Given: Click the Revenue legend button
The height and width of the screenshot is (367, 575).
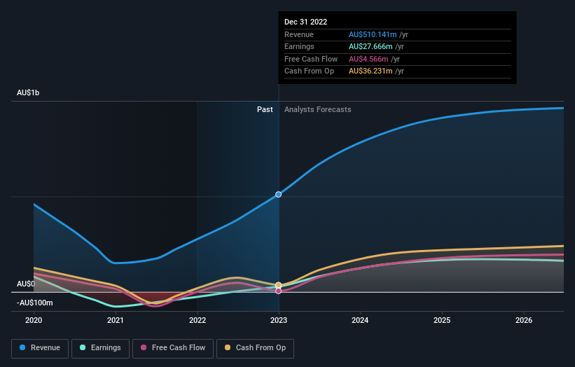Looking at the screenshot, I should pos(41,347).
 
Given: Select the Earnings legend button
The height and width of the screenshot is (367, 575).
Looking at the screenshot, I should pos(100,347).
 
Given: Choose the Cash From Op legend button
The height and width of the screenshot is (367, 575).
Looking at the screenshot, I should pos(256,347).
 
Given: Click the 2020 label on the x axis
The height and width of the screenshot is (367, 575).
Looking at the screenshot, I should pos(34,320).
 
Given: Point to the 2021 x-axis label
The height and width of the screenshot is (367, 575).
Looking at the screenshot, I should pos(116,320).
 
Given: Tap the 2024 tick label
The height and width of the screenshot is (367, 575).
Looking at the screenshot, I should pos(360,320).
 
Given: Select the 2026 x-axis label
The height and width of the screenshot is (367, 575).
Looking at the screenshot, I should pos(523,320).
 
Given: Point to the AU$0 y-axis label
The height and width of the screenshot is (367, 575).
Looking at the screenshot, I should pos(25,284).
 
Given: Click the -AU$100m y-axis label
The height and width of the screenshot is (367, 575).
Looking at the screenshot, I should pos(35,303).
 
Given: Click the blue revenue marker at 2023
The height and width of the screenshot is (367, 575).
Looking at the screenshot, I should pos(279,194).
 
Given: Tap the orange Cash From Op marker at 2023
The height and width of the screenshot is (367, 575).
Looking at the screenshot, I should pos(279,285).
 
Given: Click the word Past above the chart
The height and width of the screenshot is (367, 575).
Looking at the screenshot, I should pos(265,109).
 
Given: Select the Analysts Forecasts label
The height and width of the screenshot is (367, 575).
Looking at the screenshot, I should pos(317,109).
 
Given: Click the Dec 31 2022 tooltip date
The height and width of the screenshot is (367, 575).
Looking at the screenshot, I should pos(305,22).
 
